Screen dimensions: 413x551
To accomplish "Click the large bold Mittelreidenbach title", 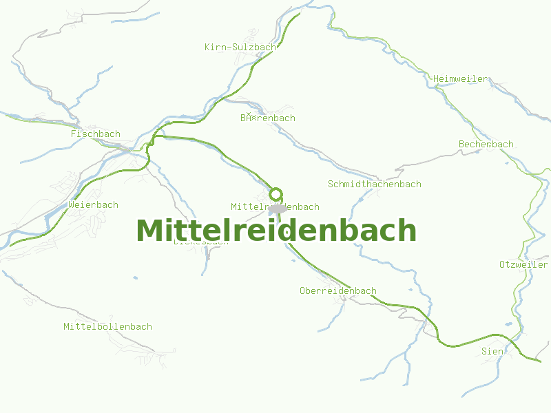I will tap(276, 231).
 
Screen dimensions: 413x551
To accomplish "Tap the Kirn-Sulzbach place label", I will tap(240, 47).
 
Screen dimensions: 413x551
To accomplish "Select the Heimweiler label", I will tap(460, 79).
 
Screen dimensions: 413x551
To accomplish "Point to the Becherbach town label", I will tap(486, 145).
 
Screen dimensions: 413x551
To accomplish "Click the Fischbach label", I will tap(95, 134).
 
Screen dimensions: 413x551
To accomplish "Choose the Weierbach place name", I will tap(93, 205).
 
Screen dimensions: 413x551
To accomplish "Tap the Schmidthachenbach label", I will tap(374, 184).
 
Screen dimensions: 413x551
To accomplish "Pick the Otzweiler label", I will tap(523, 265).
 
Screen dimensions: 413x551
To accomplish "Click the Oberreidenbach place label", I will tap(337, 291).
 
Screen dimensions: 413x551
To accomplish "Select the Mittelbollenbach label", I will tap(107, 327).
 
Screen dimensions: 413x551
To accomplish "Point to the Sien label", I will tap(492, 352).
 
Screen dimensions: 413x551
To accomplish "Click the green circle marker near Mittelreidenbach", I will tap(276, 193).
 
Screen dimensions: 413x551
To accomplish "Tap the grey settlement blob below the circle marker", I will tap(278, 209).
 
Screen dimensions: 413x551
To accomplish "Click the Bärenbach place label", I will tap(267, 118).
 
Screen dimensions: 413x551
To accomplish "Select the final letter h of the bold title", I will tap(408, 231).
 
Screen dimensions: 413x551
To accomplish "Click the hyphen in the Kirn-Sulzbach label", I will tap(229, 47).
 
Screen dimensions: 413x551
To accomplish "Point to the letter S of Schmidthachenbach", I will tap(331, 184).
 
